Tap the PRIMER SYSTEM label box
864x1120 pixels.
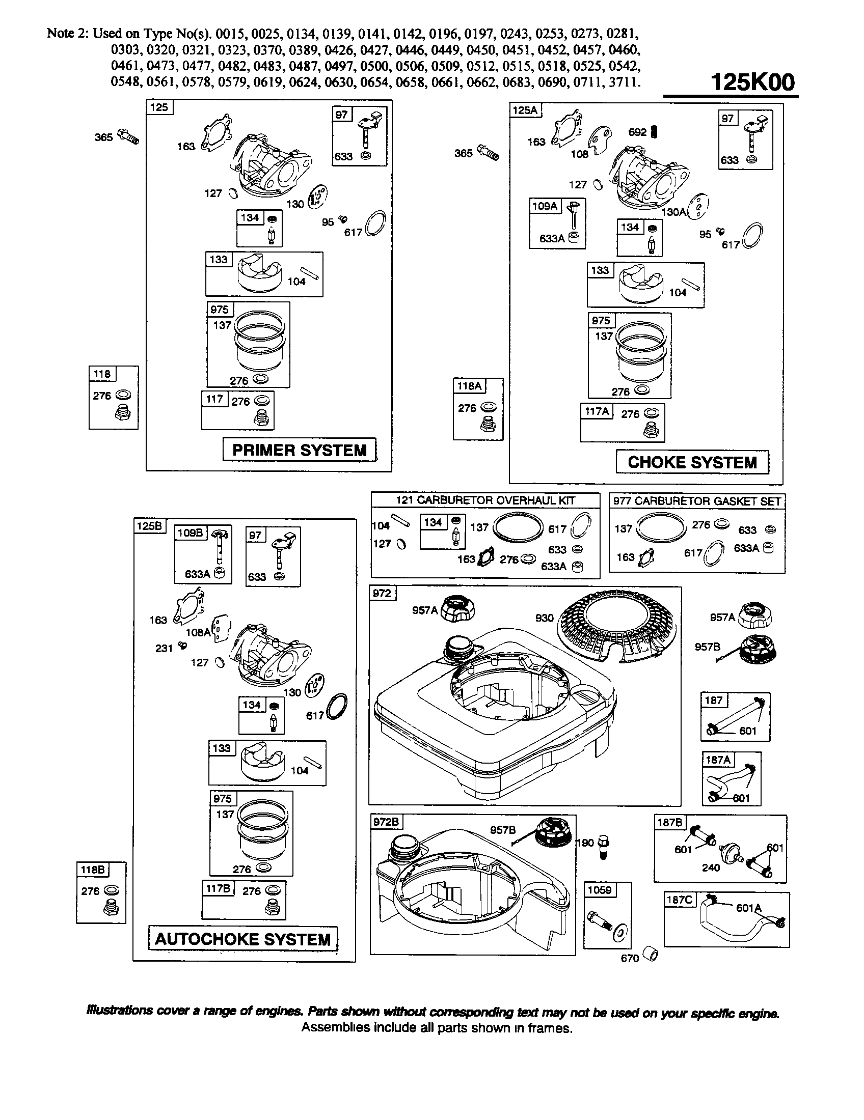pos(300,450)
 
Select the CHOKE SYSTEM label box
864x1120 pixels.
pos(692,462)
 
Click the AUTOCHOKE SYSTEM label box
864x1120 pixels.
pos(242,939)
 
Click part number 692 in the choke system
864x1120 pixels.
pos(638,132)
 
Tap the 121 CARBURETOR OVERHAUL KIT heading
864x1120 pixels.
pos(485,500)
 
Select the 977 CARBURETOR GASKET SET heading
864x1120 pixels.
pos(697,501)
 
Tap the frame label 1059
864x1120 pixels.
pos(600,890)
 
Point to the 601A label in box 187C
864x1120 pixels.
pos(748,908)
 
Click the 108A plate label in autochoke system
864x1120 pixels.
pos(198,632)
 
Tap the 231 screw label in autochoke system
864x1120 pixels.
pos(164,648)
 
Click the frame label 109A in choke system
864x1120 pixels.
pos(545,206)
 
